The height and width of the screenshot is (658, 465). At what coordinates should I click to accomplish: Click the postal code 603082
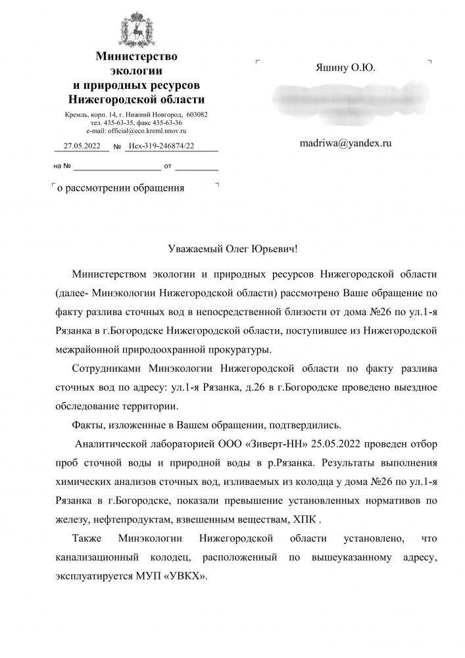(x=194, y=114)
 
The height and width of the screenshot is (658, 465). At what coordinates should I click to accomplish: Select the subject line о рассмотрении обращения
(x=121, y=188)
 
